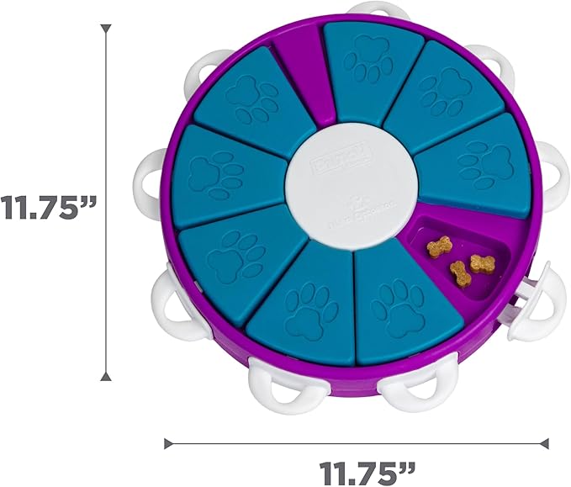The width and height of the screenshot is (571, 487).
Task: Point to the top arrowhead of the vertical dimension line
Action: pyautogui.click(x=105, y=30)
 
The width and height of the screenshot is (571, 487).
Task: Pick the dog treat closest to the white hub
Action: pyautogui.click(x=439, y=246)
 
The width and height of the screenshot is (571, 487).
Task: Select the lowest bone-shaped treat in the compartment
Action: pyautogui.click(x=461, y=273)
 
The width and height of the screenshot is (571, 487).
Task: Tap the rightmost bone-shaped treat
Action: pyautogui.click(x=481, y=263)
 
